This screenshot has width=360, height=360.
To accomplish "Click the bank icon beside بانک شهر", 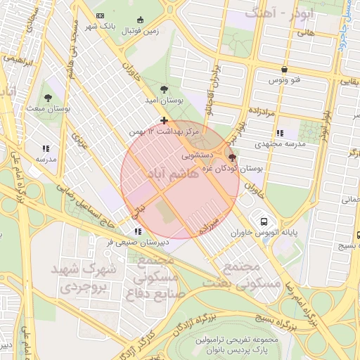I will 100,15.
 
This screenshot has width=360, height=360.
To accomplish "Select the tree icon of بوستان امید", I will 164,89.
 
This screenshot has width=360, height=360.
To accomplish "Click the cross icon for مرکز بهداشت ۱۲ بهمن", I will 164,120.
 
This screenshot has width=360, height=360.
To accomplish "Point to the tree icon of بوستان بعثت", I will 48,98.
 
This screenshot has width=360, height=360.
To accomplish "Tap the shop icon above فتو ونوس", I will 284,70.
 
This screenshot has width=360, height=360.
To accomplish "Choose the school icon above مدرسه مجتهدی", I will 280,132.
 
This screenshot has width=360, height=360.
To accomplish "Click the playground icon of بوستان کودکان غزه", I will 232,158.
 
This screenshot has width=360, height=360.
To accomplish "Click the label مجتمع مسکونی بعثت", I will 250,275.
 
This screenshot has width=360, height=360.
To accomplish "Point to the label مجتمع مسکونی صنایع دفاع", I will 155,277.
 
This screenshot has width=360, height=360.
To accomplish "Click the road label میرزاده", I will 211,225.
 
